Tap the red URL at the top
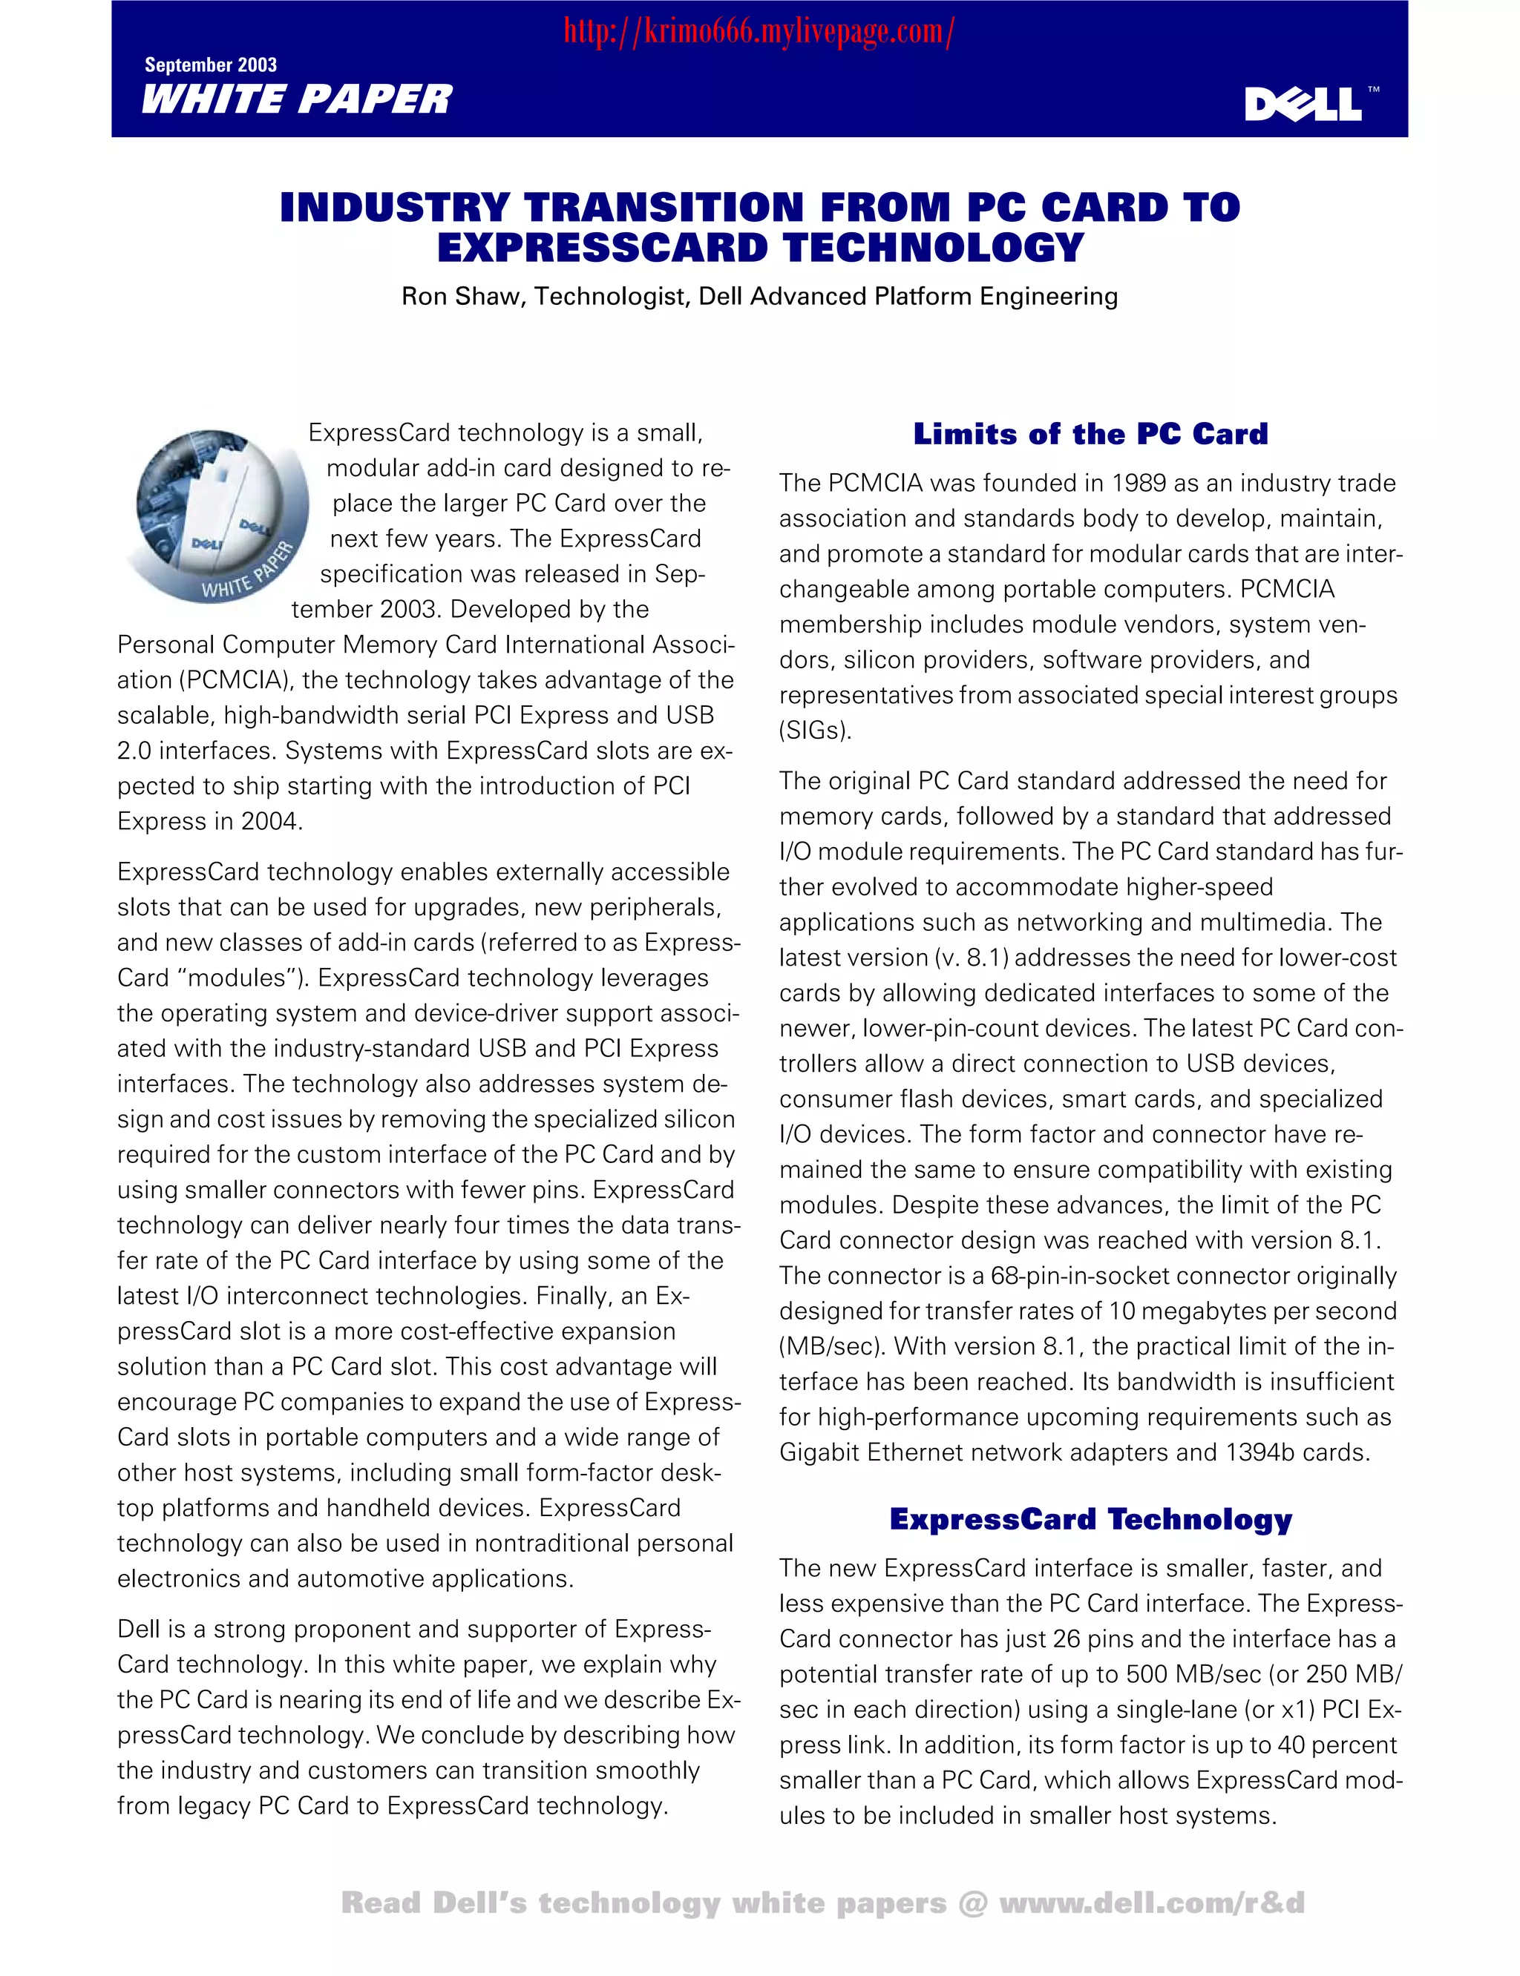[759, 33]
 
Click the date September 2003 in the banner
[211, 65]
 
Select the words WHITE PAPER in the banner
[297, 99]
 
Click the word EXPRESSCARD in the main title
[602, 248]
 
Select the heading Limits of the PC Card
[1090, 434]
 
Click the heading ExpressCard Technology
[1090, 1519]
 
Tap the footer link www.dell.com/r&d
[1151, 1903]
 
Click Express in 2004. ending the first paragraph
[210, 821]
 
